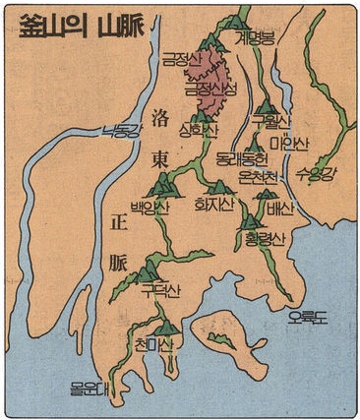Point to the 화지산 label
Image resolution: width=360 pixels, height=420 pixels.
(x=217, y=206)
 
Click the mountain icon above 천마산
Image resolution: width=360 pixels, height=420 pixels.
(x=168, y=326)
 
